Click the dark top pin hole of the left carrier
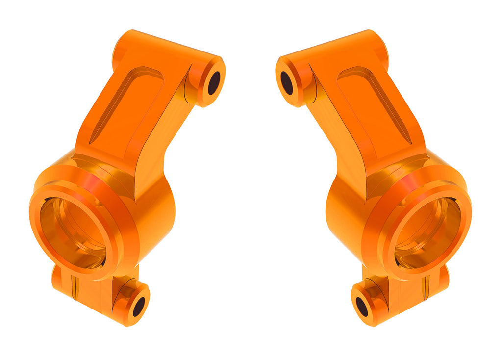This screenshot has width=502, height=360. click(x=214, y=83)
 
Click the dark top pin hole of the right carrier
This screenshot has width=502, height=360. click(x=287, y=83)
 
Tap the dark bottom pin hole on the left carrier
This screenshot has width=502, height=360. click(x=139, y=307)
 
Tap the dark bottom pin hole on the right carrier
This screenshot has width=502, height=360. click(x=362, y=307)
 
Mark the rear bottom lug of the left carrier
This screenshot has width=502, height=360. click(x=64, y=282)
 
